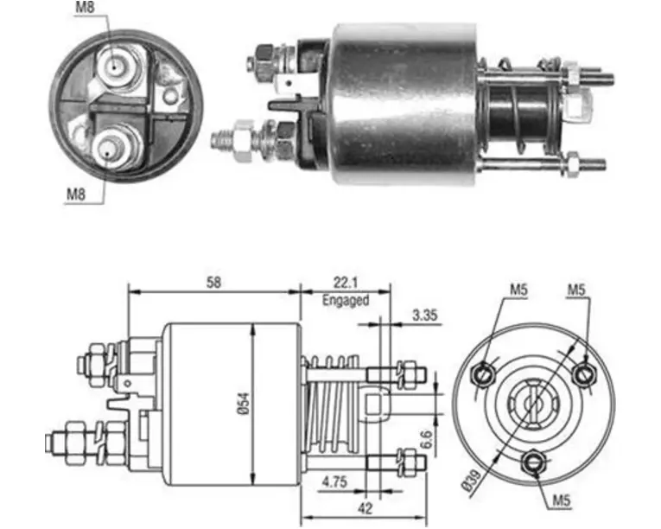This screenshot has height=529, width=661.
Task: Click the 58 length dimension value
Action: [x=213, y=282]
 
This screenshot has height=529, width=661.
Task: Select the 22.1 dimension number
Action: [x=346, y=282]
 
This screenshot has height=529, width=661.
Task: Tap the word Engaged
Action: [x=346, y=300]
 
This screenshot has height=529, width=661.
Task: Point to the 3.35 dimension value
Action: [x=424, y=315]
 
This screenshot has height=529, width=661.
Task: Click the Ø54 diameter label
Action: [x=245, y=404]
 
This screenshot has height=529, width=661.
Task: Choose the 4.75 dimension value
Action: [x=334, y=481]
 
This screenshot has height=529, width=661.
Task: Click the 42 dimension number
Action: [x=365, y=508]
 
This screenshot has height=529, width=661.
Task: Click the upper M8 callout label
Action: [x=85, y=8]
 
